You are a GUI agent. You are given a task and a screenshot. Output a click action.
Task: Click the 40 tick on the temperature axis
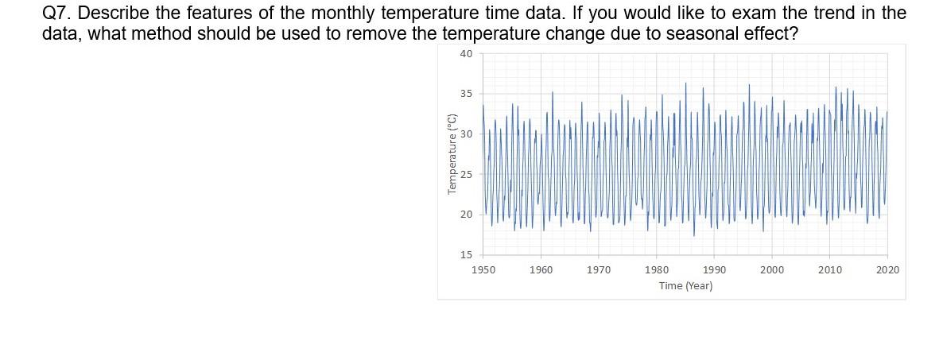pos(466,53)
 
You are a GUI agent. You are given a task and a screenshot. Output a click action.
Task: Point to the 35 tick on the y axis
pos(466,94)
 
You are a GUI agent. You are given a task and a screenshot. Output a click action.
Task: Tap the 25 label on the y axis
pos(466,174)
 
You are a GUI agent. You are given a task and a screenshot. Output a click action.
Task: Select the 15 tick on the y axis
pos(466,255)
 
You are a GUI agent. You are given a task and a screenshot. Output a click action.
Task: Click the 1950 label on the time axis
pos(483,270)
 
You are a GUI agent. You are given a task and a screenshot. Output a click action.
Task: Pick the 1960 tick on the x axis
pos(541,270)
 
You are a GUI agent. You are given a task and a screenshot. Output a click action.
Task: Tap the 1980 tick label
pos(657,270)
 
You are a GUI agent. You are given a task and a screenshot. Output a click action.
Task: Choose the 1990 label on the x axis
pos(714,270)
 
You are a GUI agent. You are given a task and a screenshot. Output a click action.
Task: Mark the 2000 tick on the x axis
pos(772,270)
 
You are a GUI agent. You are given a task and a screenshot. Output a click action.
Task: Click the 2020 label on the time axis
pos(887,270)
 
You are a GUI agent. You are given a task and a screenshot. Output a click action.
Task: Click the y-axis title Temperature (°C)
pos(452,154)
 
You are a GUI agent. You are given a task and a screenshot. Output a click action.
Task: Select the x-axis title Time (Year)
pos(685,286)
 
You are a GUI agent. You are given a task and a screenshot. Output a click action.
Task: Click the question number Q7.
pos(56,14)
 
